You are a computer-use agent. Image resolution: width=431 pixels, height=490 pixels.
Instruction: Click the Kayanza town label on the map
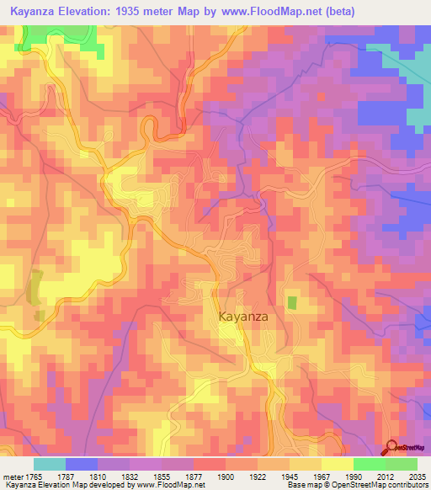click(x=243, y=317)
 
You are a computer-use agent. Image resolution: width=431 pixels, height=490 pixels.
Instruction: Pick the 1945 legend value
click(x=289, y=477)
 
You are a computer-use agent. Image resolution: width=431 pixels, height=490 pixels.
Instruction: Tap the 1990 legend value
click(x=354, y=477)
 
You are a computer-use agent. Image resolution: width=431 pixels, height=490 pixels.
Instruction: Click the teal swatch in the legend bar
click(x=50, y=464)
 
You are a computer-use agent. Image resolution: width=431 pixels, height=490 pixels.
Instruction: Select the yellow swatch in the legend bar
click(x=338, y=464)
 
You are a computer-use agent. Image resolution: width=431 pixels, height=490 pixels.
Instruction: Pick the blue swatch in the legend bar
click(x=82, y=464)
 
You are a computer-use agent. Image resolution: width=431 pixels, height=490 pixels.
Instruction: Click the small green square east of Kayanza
click(x=292, y=301)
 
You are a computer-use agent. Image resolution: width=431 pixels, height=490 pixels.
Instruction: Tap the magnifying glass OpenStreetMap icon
click(x=391, y=448)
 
